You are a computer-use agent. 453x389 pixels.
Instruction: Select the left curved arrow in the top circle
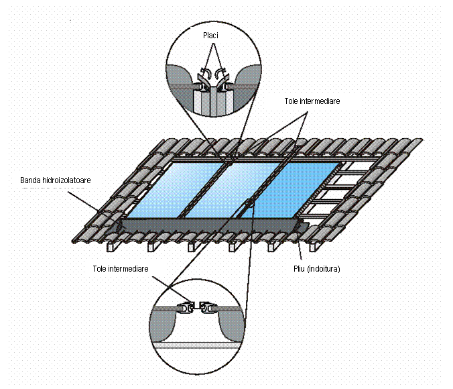pos(206,72)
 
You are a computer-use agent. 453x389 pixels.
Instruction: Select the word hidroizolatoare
pos(76,180)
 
